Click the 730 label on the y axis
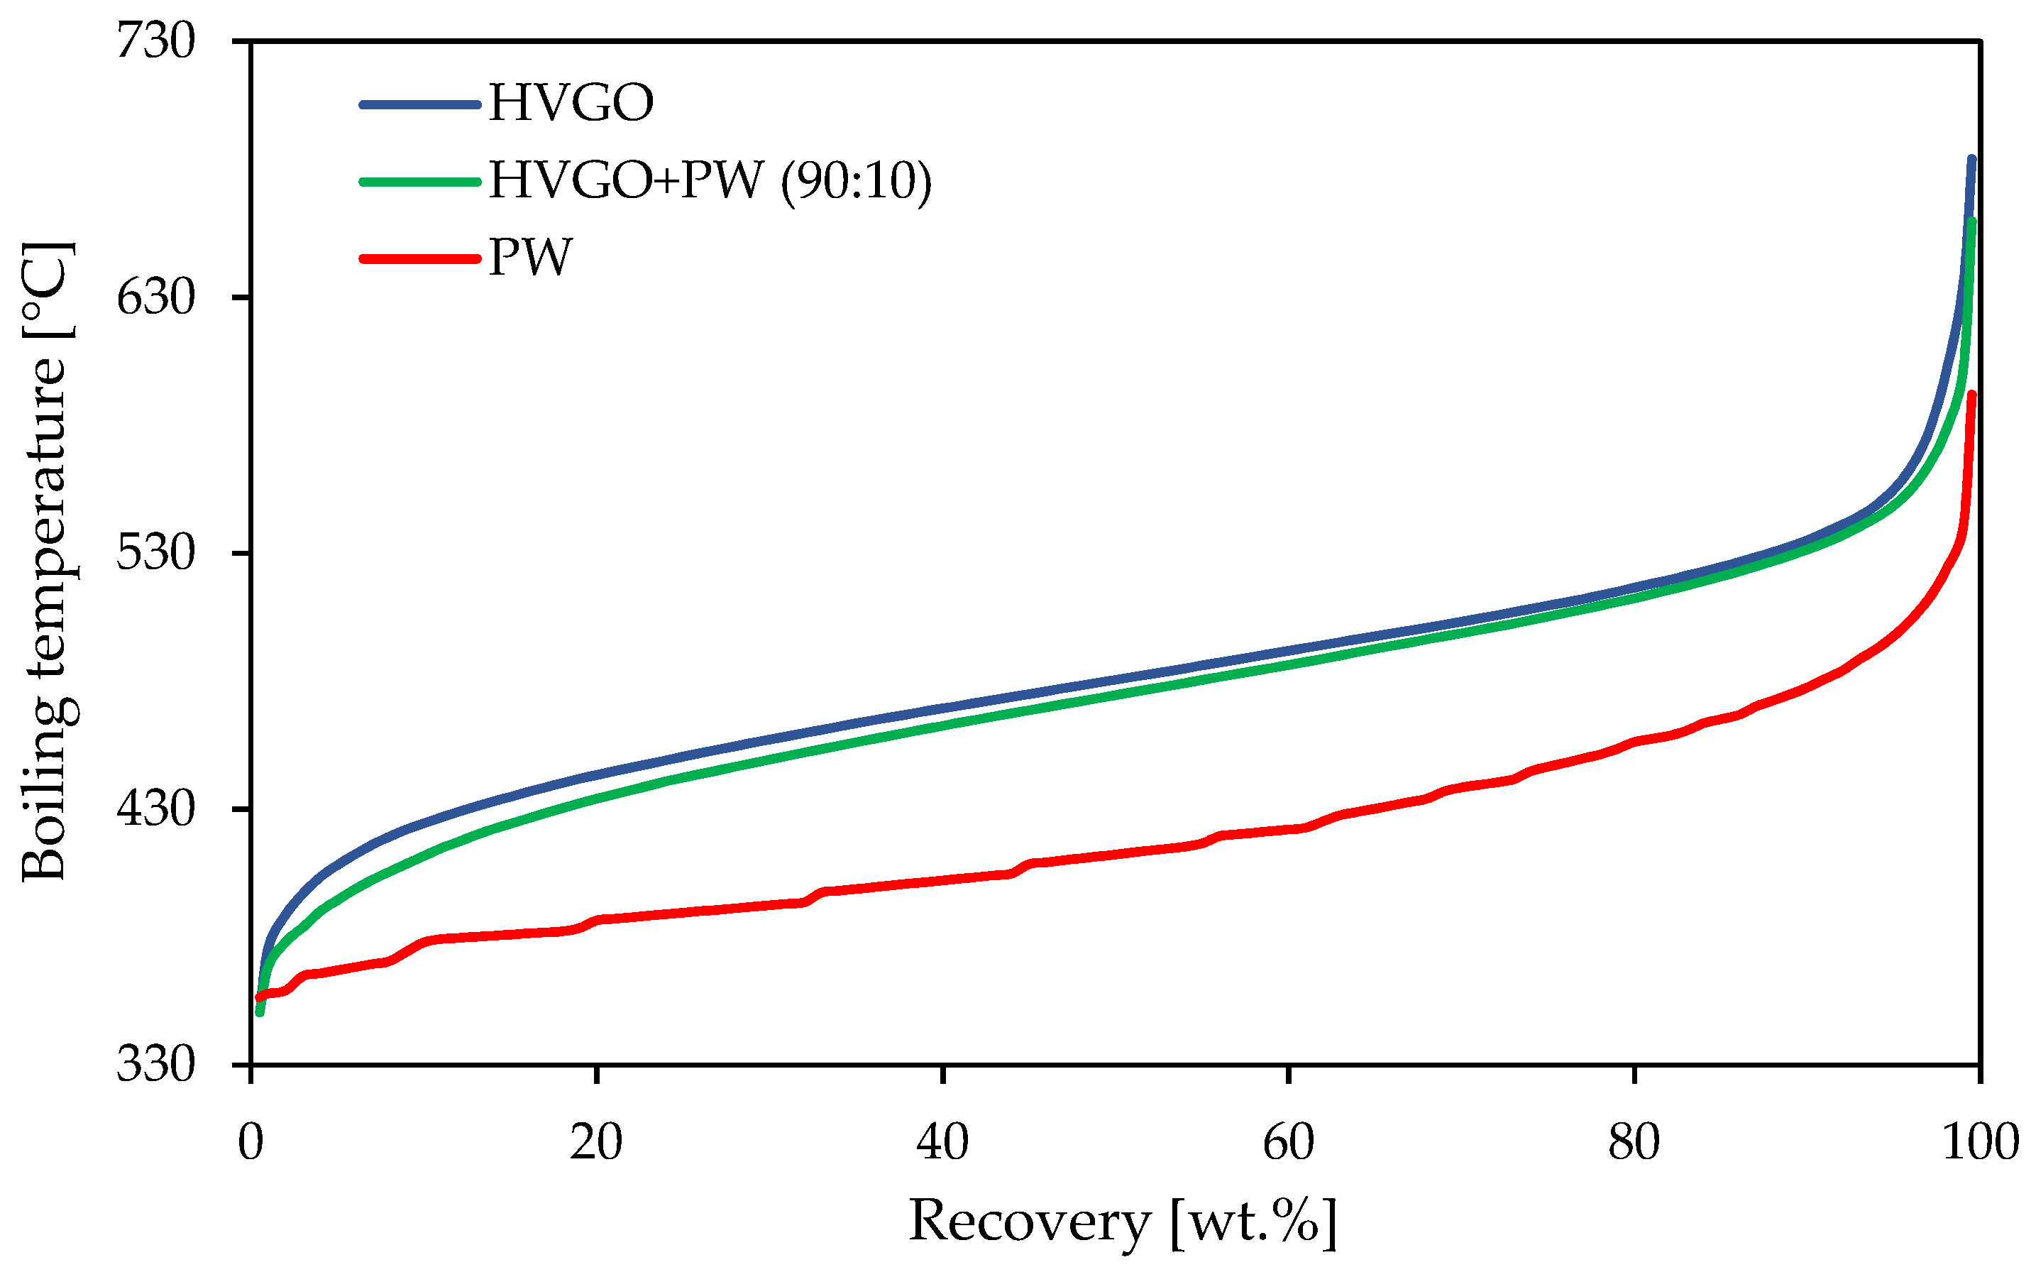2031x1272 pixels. pyautogui.click(x=155, y=40)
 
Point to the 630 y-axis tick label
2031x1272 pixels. pyautogui.click(x=155, y=297)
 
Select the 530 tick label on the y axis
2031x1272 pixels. pyautogui.click(x=155, y=553)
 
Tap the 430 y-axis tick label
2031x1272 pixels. pyautogui.click(x=155, y=808)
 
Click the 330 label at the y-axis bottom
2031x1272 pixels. pyautogui.click(x=155, y=1064)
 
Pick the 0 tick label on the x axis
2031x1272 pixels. pyautogui.click(x=251, y=1142)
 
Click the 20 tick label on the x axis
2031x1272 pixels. pyautogui.click(x=595, y=1142)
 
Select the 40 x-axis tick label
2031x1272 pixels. pyautogui.click(x=942, y=1142)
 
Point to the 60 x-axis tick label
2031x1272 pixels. pyautogui.click(x=1289, y=1142)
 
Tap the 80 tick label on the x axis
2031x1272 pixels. pyautogui.click(x=1634, y=1142)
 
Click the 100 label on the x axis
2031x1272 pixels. pyautogui.click(x=1980, y=1142)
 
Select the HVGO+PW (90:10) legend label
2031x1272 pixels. pyautogui.click(x=710, y=180)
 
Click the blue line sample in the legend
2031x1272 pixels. pyautogui.click(x=419, y=104)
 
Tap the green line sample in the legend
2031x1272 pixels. pyautogui.click(x=419, y=181)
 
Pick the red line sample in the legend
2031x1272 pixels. pyautogui.click(x=419, y=258)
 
